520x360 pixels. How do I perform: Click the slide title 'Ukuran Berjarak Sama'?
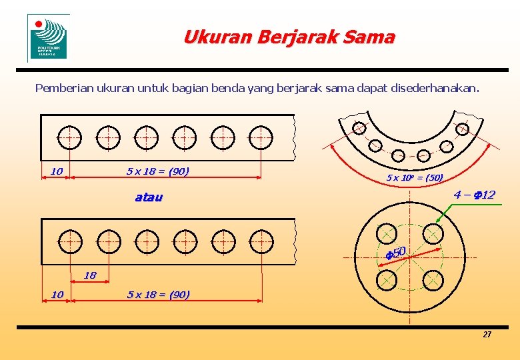(x=289, y=37)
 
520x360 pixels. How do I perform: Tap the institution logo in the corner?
(x=48, y=37)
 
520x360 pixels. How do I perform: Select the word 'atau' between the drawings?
(x=149, y=197)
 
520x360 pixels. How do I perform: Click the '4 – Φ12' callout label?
(x=474, y=195)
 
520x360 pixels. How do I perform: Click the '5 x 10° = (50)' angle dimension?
(x=415, y=177)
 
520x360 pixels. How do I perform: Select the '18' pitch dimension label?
(x=90, y=275)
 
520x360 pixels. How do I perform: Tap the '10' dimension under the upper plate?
(x=57, y=171)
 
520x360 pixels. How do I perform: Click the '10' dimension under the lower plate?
(x=57, y=294)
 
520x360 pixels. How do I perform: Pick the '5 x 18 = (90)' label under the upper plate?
(x=158, y=171)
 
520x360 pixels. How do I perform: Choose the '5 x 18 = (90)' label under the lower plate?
(x=158, y=294)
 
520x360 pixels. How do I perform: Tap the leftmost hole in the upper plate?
(x=69, y=137)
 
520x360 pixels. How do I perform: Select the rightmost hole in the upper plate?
(x=260, y=137)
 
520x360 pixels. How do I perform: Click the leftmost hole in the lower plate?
(x=69, y=241)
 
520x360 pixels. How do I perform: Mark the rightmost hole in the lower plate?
(x=261, y=241)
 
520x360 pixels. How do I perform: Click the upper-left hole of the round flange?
(x=385, y=233)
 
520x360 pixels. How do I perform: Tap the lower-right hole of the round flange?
(x=433, y=280)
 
